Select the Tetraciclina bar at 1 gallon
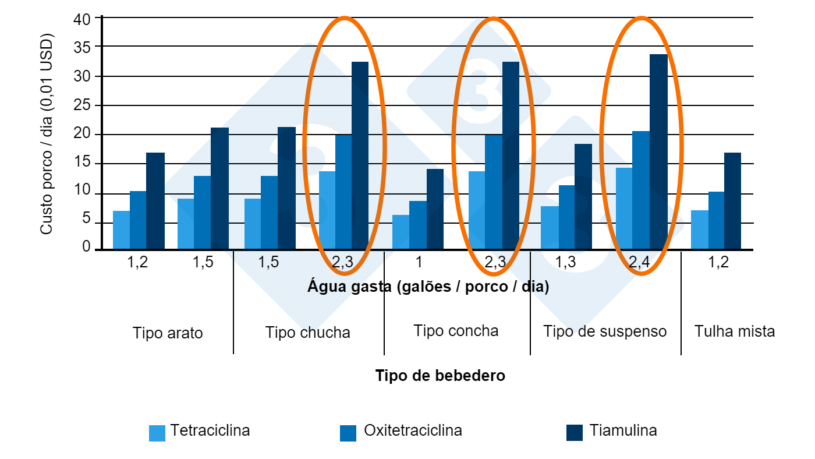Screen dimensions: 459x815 (401, 232)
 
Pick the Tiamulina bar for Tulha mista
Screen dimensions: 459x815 (732, 201)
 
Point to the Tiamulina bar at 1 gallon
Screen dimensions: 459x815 (435, 209)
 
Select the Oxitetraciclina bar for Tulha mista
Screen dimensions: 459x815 (716, 220)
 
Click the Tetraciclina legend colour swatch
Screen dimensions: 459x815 (157, 433)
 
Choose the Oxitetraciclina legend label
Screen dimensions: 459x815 (413, 430)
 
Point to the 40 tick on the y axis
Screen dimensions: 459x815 (82, 18)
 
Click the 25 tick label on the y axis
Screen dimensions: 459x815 (82, 105)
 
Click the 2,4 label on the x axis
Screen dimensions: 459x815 (640, 262)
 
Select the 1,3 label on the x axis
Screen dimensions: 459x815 (566, 262)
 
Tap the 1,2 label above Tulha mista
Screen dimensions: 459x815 (718, 262)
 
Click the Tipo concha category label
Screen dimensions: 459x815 (456, 331)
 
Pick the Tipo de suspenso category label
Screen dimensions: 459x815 (605, 331)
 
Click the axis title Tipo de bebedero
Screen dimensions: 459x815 (440, 376)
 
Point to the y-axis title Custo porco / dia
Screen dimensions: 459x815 (47, 137)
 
